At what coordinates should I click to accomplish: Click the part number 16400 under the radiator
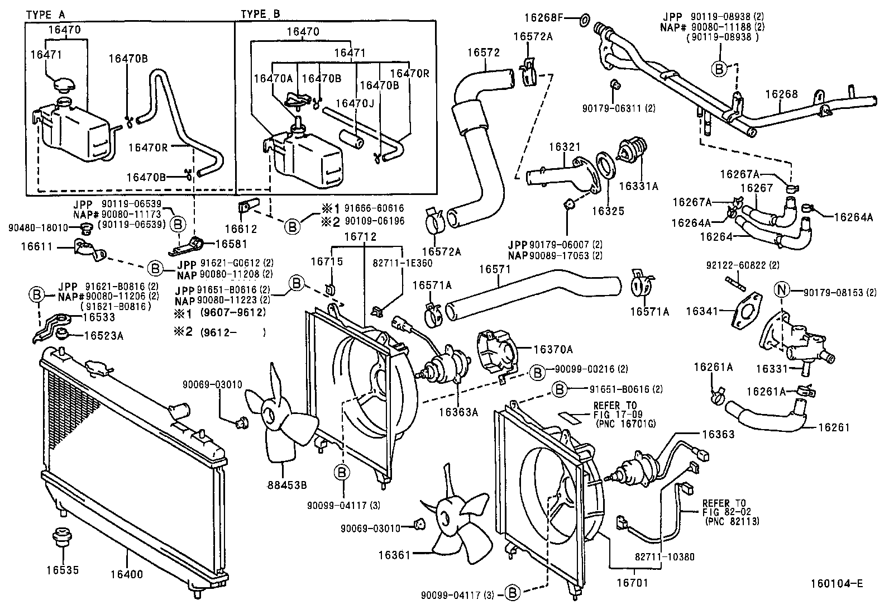(x=127, y=574)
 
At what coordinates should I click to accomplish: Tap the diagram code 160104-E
(x=837, y=584)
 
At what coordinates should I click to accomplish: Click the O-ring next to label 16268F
(x=582, y=21)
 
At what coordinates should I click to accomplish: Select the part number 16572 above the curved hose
(x=484, y=53)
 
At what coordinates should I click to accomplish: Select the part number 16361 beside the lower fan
(x=395, y=555)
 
